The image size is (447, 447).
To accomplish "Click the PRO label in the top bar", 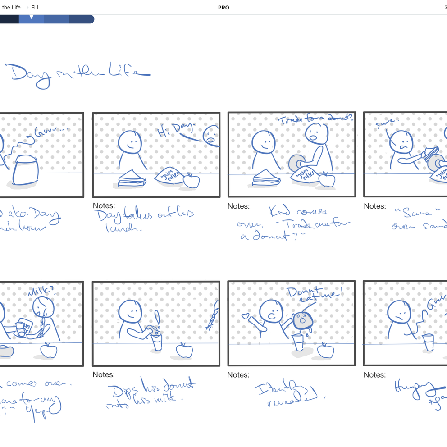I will (223, 8).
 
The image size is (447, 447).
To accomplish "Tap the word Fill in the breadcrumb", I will (35, 8).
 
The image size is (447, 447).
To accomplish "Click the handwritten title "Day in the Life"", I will (77, 74).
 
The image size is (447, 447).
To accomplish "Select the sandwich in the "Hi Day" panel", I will (131, 178).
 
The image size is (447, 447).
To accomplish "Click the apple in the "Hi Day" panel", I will (192, 181).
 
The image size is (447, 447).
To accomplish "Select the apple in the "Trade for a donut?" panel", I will (327, 179).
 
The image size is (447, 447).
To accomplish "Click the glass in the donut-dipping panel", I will (156, 342).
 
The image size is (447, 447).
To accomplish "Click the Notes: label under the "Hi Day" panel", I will (104, 206).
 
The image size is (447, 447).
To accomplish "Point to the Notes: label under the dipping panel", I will (104, 374).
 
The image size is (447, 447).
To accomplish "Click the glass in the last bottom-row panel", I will (428, 342).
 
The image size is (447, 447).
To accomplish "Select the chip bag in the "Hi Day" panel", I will (169, 176).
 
